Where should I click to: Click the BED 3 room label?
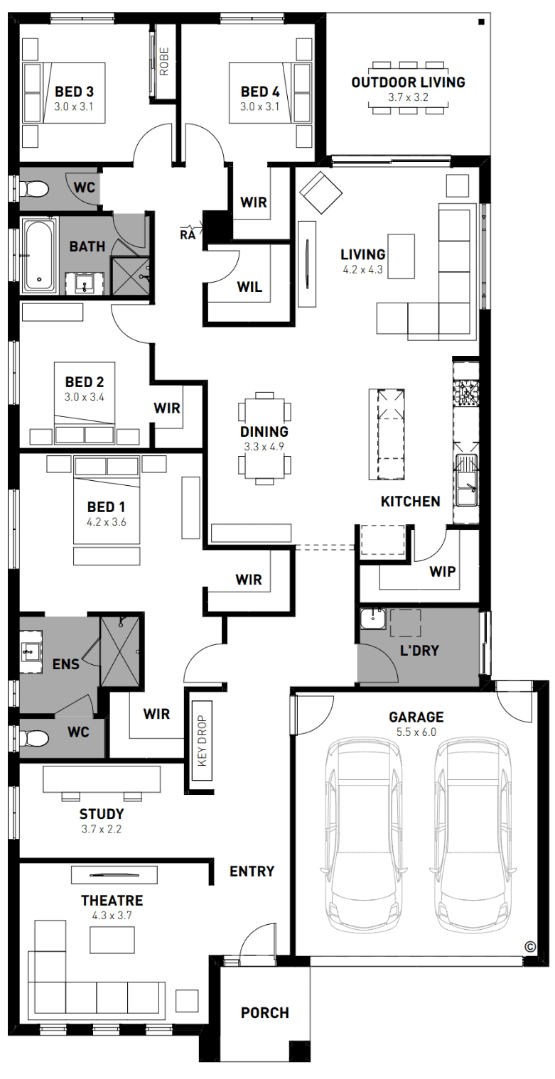pyautogui.click(x=74, y=91)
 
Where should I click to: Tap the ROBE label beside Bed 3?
pyautogui.click(x=164, y=61)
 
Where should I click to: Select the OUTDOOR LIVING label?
pyautogui.click(x=408, y=82)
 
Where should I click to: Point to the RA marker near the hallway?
pyautogui.click(x=188, y=234)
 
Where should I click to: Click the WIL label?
pyautogui.click(x=249, y=287)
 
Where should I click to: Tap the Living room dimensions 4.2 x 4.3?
pyautogui.click(x=362, y=270)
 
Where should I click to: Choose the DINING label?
pyautogui.click(x=264, y=432)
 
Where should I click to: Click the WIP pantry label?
pyautogui.click(x=442, y=571)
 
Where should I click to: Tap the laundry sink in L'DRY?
pyautogui.click(x=373, y=619)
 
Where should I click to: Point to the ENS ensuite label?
pyautogui.click(x=65, y=664)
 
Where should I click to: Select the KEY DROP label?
pyautogui.click(x=202, y=740)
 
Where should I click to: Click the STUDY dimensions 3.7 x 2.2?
pyautogui.click(x=101, y=829)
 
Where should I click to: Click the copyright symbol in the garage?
pyautogui.click(x=529, y=947)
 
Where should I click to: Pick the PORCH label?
pyautogui.click(x=264, y=1013)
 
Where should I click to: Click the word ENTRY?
pyautogui.click(x=252, y=871)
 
